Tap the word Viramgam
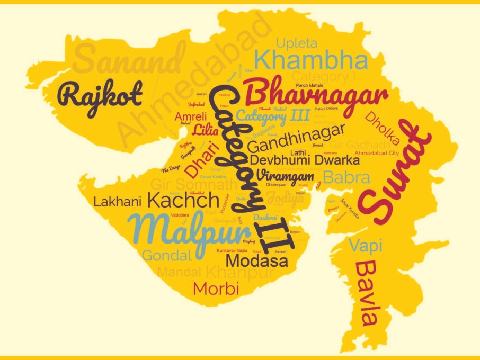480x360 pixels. point(285,175)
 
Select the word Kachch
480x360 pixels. point(183,200)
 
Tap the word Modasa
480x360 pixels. point(257,260)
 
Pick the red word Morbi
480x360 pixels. point(216,289)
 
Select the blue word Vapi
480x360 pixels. point(366,245)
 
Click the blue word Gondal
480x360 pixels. point(166,256)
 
